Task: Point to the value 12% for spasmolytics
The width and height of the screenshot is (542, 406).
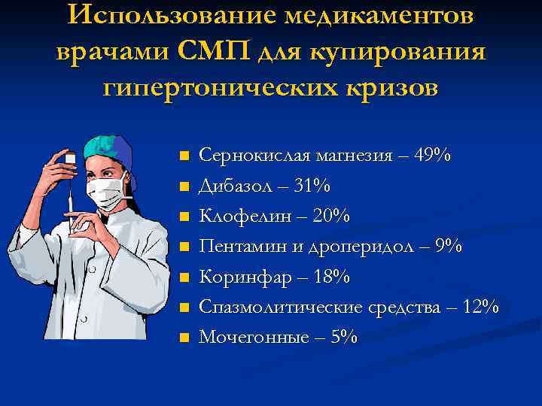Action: coord(479,307)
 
